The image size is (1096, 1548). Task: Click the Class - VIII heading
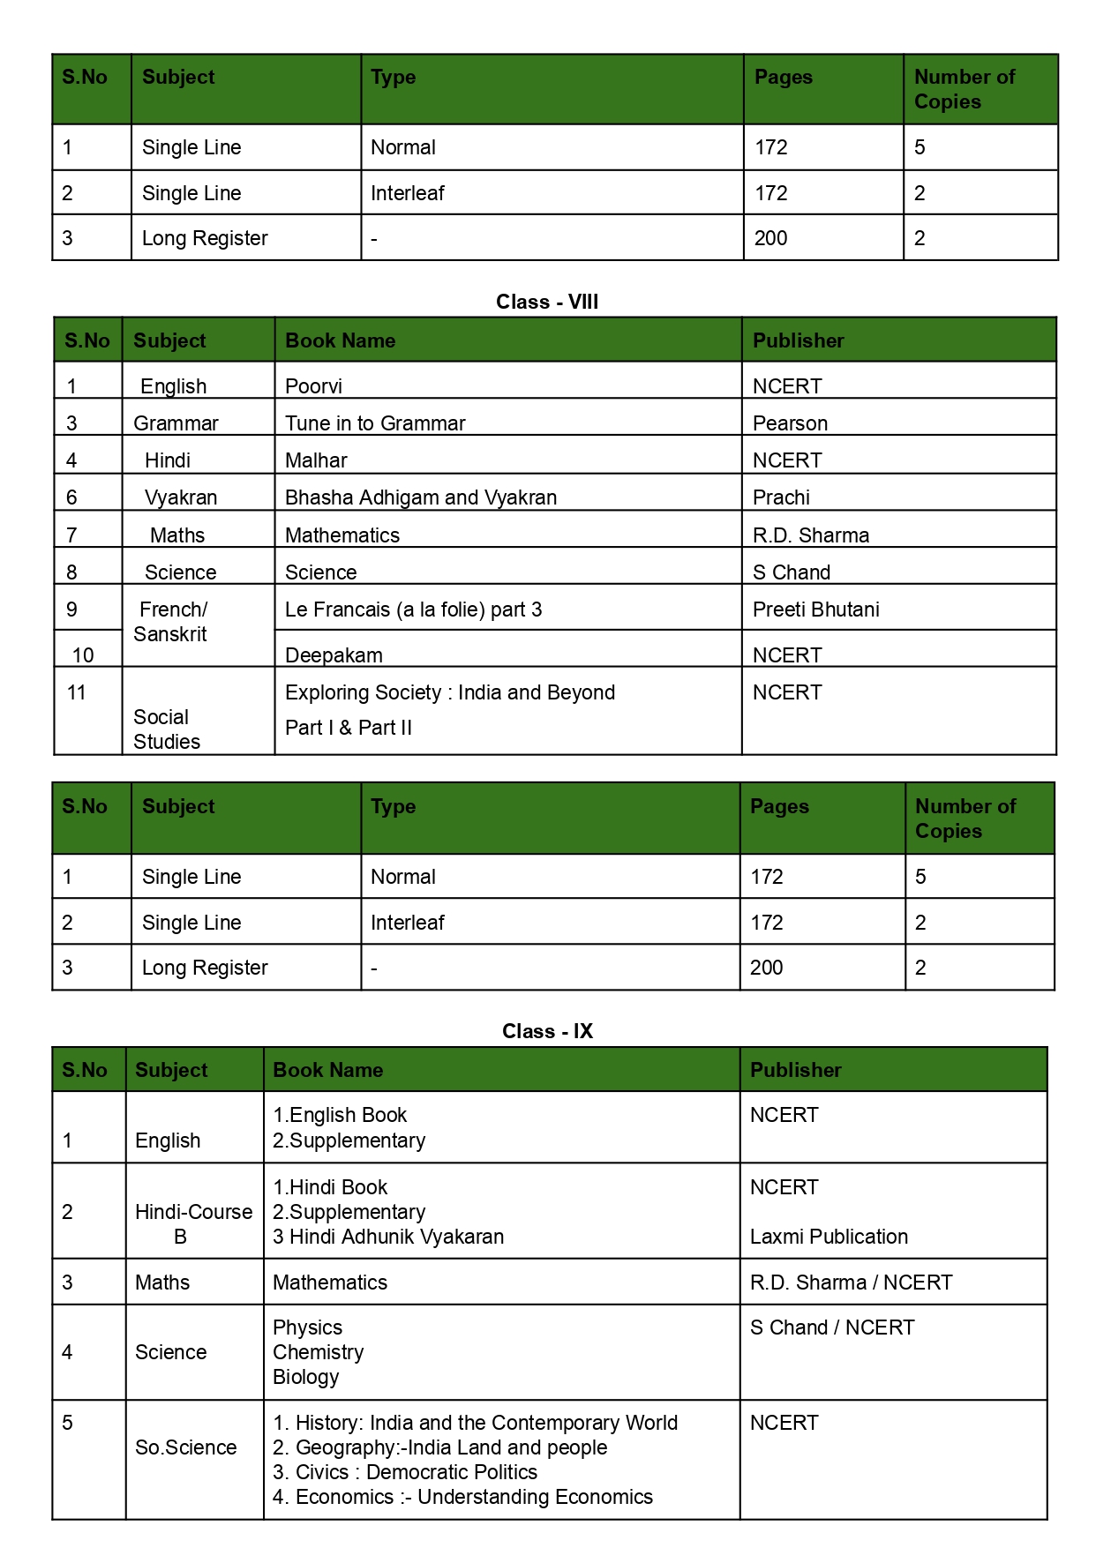(x=547, y=302)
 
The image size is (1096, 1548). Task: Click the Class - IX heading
(x=547, y=1031)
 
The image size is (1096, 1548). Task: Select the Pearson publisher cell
(x=790, y=423)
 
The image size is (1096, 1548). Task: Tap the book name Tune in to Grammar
(x=375, y=423)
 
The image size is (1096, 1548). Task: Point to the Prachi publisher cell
(x=781, y=497)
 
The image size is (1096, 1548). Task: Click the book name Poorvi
(x=313, y=386)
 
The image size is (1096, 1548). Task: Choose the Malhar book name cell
(x=316, y=460)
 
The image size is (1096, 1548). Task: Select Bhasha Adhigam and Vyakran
(x=421, y=497)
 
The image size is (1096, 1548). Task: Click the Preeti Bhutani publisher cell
(x=815, y=609)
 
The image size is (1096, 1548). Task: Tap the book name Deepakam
(x=334, y=655)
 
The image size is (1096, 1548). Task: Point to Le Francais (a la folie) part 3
(x=413, y=609)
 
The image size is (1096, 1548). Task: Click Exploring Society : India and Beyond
(x=450, y=692)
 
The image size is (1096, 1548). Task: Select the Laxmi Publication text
(x=829, y=1237)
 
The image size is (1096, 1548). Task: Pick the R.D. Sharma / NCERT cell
(x=851, y=1283)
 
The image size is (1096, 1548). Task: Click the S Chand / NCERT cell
(x=832, y=1327)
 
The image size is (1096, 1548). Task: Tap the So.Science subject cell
(x=185, y=1447)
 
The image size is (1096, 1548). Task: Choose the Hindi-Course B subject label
(x=193, y=1223)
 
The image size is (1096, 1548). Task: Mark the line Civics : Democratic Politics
(x=405, y=1472)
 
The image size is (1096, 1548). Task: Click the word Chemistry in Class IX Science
(x=318, y=1352)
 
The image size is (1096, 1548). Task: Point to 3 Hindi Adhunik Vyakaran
(x=388, y=1237)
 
